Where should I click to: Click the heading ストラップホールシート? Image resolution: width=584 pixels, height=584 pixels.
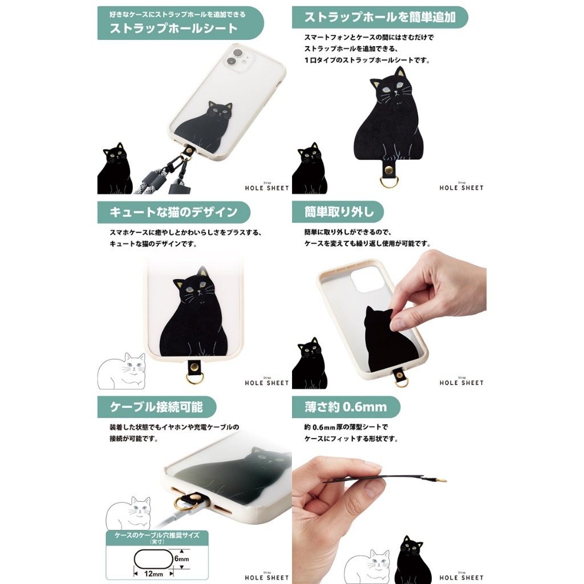173,29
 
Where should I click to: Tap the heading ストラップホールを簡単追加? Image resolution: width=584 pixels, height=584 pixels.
380,17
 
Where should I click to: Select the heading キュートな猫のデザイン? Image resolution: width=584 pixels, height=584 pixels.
173,212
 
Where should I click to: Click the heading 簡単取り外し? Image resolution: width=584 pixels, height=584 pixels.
339,212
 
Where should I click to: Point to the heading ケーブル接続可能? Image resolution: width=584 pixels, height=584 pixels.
156,407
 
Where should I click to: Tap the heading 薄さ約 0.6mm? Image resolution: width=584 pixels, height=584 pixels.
346,407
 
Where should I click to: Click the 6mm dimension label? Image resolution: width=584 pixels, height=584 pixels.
182,559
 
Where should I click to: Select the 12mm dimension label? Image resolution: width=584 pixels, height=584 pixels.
153,574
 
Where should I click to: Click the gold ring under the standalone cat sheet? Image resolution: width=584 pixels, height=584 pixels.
389,182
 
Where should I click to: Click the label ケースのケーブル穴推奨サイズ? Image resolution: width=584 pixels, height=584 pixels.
157,536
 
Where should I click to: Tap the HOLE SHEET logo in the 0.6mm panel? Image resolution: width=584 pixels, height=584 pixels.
461,577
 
